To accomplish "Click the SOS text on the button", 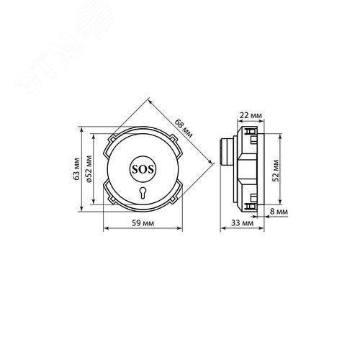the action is pyautogui.click(x=143, y=169).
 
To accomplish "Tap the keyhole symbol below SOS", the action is pyautogui.click(x=143, y=192).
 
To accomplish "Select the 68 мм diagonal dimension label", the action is pyautogui.click(x=184, y=128).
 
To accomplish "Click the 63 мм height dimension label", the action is pyautogui.click(x=76, y=168).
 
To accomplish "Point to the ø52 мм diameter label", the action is pyautogui.click(x=89, y=169).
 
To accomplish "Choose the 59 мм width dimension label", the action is pyautogui.click(x=143, y=223).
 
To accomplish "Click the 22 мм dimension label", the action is pyautogui.click(x=251, y=115).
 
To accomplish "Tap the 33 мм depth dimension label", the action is pyautogui.click(x=242, y=223).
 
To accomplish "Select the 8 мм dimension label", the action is pyautogui.click(x=279, y=212).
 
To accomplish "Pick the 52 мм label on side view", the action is pyautogui.click(x=276, y=171).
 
